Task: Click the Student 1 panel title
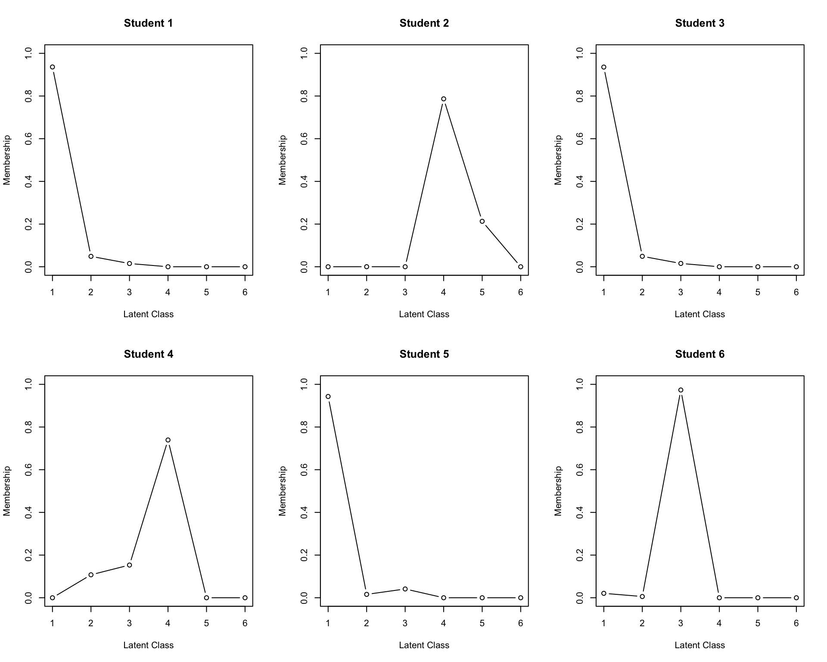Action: (x=148, y=23)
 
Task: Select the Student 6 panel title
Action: (x=700, y=354)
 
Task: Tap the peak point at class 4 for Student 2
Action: (x=444, y=99)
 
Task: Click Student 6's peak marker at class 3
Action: (x=681, y=390)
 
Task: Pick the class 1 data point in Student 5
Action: (x=328, y=397)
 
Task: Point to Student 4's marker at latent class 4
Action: (x=168, y=440)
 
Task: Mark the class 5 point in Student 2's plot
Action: (x=482, y=222)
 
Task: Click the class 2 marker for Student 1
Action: (x=91, y=256)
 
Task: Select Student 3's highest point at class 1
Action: (x=604, y=67)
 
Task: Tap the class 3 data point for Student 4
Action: (x=129, y=565)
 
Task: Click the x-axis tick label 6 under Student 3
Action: (x=796, y=292)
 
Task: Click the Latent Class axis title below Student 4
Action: (x=148, y=645)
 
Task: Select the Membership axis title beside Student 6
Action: (x=558, y=490)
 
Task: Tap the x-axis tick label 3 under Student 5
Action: (x=405, y=623)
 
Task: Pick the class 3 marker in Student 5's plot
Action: (x=405, y=589)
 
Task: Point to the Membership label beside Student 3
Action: (x=558, y=160)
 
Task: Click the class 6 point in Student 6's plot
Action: (x=796, y=598)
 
